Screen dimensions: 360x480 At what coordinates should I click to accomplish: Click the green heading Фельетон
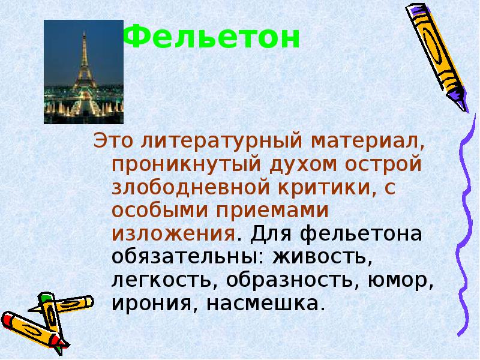[x=212, y=38]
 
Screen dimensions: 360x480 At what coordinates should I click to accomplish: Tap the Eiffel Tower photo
[x=83, y=71]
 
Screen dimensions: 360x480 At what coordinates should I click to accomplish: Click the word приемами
[x=275, y=211]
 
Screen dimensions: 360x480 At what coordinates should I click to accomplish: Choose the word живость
[x=319, y=256]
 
